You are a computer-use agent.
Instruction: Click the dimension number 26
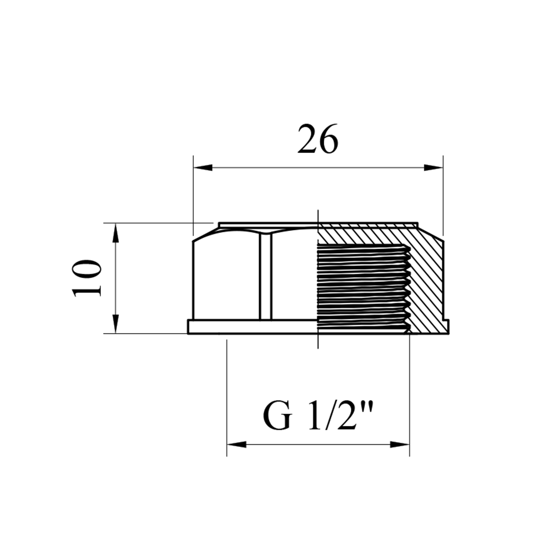pos(318,139)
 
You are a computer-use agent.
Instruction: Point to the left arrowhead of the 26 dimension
pos(203,167)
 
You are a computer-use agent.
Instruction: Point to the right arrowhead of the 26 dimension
pos(433,167)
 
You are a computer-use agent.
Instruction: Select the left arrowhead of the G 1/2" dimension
pos(237,444)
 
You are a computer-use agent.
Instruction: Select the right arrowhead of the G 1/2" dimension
pos(400,444)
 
